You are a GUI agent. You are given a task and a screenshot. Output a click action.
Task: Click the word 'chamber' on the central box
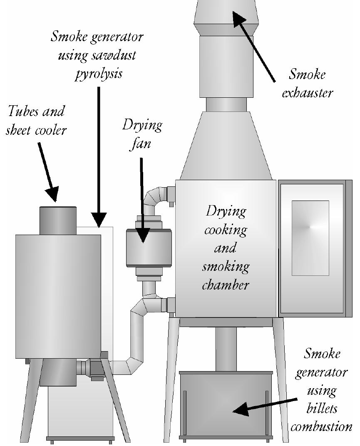click(225, 285)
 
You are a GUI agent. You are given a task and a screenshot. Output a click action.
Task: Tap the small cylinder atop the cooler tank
click(58, 220)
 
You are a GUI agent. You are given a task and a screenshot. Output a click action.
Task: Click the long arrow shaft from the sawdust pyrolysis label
click(99, 146)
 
